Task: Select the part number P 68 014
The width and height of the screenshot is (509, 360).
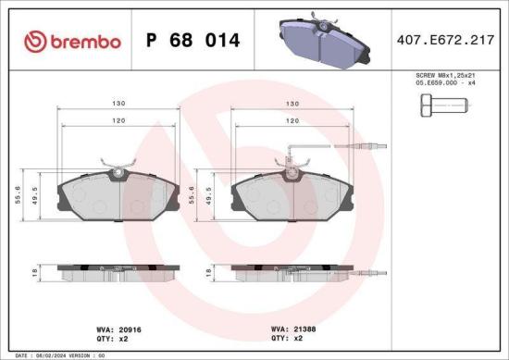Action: [195, 41]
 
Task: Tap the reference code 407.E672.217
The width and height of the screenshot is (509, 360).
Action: [444, 41]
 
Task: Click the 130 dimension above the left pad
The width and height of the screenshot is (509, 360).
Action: [119, 105]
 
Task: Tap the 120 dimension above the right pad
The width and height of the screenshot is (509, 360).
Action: [291, 120]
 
